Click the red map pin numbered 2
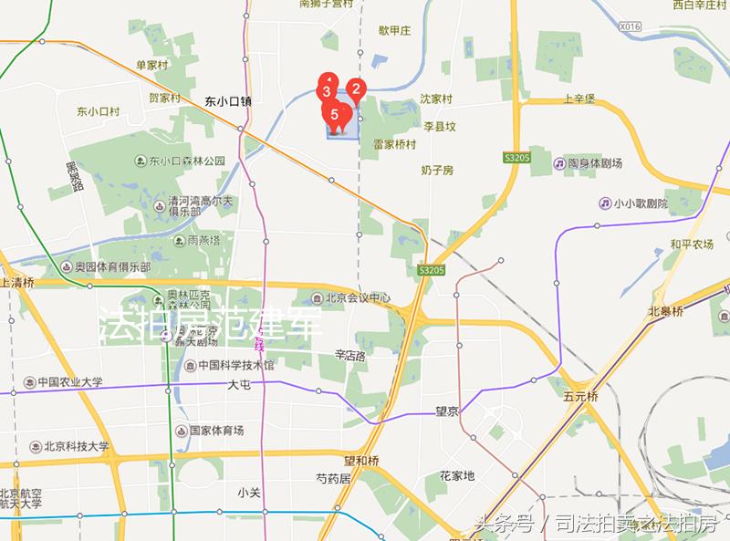click(x=357, y=89)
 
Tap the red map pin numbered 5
click(x=335, y=115)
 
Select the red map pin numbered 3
click(x=326, y=91)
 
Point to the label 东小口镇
click(x=227, y=101)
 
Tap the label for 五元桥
click(x=580, y=397)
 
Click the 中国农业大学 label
click(x=64, y=382)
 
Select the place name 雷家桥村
click(x=394, y=144)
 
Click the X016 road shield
click(x=630, y=27)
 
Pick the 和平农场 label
click(x=692, y=244)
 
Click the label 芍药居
click(x=333, y=477)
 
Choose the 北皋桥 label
click(x=665, y=311)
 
